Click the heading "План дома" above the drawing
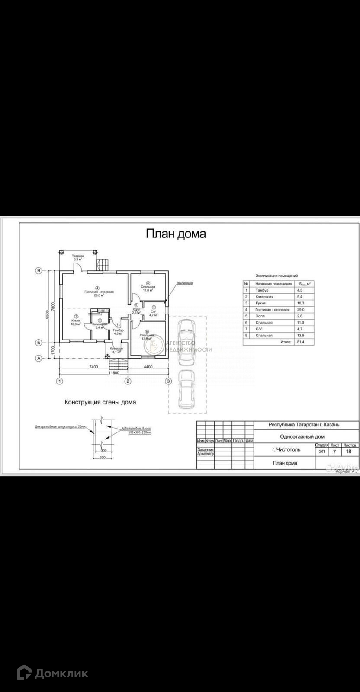point(175,234)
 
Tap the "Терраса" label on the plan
point(78,256)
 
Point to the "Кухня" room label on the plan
point(76,320)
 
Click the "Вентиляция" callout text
point(185,283)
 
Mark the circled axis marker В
point(39,271)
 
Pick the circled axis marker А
point(39,358)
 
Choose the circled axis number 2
point(128,381)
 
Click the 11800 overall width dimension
point(114,372)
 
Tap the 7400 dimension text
point(93,367)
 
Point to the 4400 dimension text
point(148,367)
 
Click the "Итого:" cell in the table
point(286,342)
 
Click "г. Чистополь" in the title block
point(286,450)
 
